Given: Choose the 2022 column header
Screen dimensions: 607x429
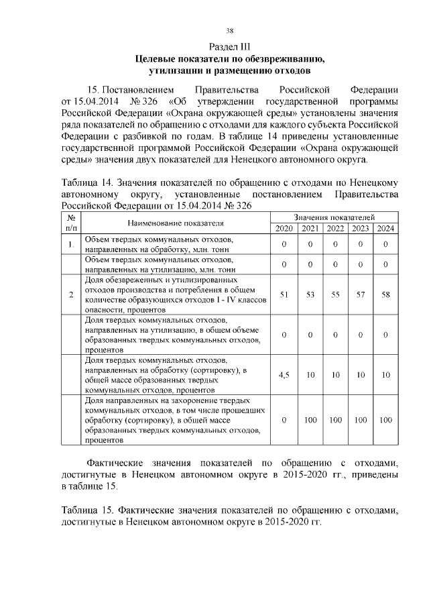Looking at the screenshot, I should pyautogui.click(x=334, y=229).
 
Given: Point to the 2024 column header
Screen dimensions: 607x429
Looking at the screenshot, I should pyautogui.click(x=385, y=229).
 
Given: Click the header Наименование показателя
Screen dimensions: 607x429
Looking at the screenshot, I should pyautogui.click(x=176, y=223).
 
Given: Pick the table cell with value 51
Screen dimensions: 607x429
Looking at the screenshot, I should pyautogui.click(x=284, y=294).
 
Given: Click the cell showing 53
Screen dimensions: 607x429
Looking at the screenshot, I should pyautogui.click(x=310, y=294).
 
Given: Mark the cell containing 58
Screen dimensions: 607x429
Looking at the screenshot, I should pyautogui.click(x=385, y=294).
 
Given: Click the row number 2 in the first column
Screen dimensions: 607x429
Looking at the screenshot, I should pyautogui.click(x=71, y=294).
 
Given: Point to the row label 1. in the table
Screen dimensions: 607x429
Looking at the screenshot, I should pyautogui.click(x=71, y=244).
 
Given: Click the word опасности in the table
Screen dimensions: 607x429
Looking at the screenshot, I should pyautogui.click(x=104, y=311).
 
